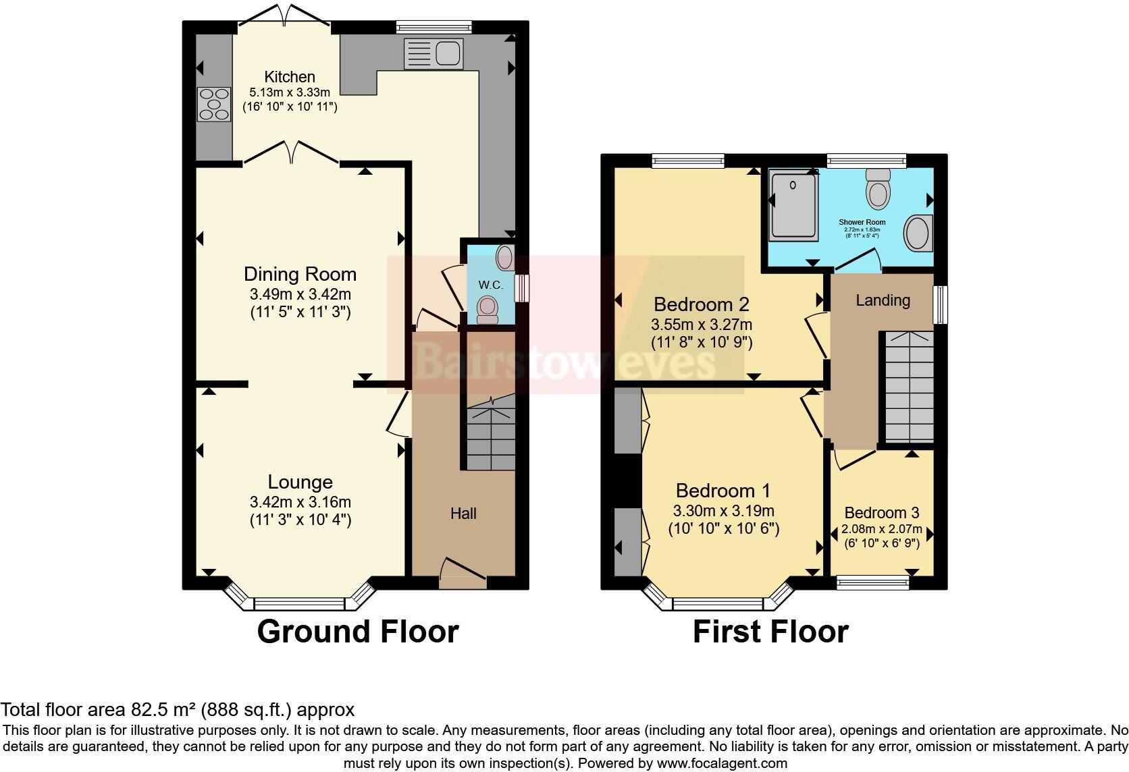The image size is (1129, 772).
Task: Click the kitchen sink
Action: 433,53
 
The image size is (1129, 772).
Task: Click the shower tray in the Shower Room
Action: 793,203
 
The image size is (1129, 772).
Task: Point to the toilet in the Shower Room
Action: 878,189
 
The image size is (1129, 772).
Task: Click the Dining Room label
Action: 300,274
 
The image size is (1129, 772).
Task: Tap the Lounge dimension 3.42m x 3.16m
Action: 300,502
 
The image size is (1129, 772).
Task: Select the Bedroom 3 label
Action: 881,513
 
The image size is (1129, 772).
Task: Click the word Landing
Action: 883,300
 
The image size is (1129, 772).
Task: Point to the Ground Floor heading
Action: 358,632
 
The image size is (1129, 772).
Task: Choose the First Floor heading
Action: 770,632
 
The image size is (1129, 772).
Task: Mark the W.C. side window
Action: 521,287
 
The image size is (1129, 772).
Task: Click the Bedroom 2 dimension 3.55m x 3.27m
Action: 701,325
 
